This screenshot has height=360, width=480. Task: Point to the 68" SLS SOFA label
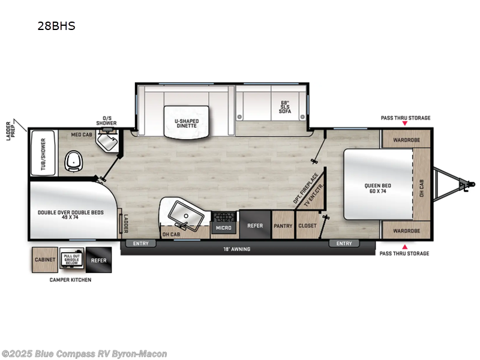pos(284,106)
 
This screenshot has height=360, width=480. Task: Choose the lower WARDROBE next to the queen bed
pos(406,230)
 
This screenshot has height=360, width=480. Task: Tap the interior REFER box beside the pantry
pos(255,226)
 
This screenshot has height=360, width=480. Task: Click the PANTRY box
pos(283,226)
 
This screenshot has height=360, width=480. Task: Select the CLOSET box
pos(307,226)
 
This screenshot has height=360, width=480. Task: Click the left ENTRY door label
pos(140,243)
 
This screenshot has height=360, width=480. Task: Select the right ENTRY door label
pos(344,243)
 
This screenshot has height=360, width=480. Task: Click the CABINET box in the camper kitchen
pos(44,260)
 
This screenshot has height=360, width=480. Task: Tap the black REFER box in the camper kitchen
pos(98,260)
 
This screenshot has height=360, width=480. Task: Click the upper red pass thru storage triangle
pos(404,124)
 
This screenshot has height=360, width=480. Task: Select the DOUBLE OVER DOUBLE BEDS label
pos(71,215)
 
